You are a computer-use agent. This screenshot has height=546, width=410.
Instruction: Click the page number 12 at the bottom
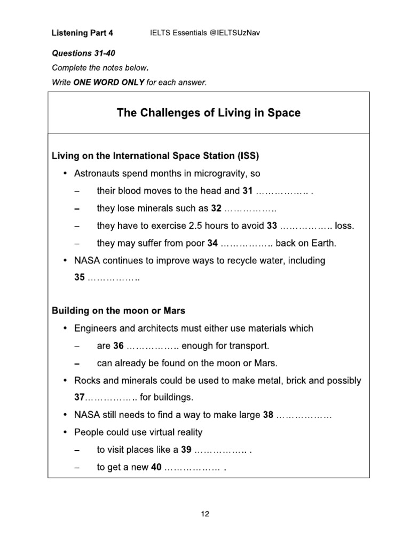click(205, 514)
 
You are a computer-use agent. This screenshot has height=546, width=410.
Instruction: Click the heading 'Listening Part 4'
click(82, 33)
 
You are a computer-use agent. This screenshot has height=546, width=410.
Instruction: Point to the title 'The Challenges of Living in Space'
click(208, 113)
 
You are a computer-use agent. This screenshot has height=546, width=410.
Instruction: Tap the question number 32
click(216, 208)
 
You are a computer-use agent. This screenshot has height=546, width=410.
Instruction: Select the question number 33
click(272, 226)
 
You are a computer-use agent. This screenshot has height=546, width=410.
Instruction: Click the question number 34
click(212, 243)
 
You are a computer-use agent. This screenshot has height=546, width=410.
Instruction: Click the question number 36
click(119, 346)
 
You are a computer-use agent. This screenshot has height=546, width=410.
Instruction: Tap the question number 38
click(268, 415)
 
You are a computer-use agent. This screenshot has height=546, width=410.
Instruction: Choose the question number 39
click(186, 449)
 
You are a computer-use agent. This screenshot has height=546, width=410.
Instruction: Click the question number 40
click(156, 467)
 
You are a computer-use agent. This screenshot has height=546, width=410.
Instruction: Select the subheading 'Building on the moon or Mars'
click(119, 310)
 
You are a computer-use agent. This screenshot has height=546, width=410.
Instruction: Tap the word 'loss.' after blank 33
click(344, 226)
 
